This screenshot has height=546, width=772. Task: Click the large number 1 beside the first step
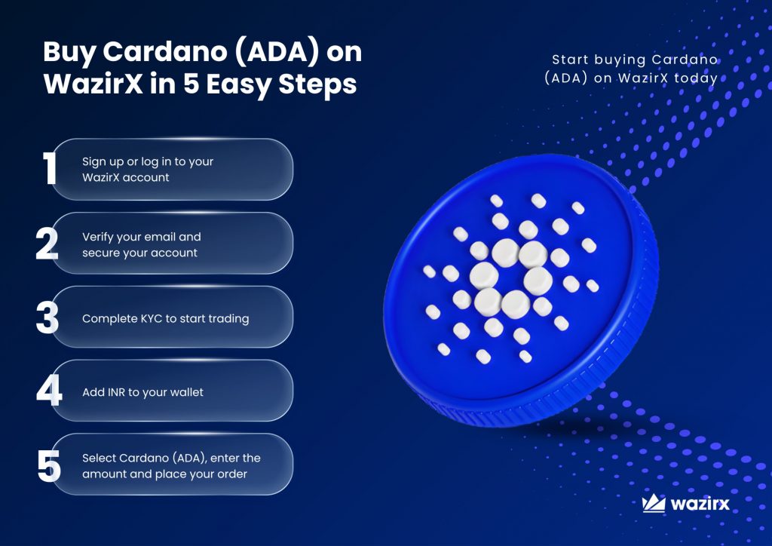tap(49, 168)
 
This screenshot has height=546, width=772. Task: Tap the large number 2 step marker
tap(47, 244)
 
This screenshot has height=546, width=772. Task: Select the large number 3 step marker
tap(47, 317)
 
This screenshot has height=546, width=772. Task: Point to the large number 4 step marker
tap(49, 391)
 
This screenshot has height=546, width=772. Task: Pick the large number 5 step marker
tap(49, 466)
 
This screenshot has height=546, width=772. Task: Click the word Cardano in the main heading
tap(165, 51)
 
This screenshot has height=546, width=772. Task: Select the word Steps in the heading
tap(317, 84)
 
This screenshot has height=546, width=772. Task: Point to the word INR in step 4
tap(116, 392)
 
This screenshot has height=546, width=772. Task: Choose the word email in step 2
tap(160, 237)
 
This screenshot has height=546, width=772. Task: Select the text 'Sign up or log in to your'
tap(148, 162)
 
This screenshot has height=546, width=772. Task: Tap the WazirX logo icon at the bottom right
tap(654, 503)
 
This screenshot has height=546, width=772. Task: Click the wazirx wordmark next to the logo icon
tap(700, 505)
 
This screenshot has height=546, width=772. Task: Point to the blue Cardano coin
tap(520, 290)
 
